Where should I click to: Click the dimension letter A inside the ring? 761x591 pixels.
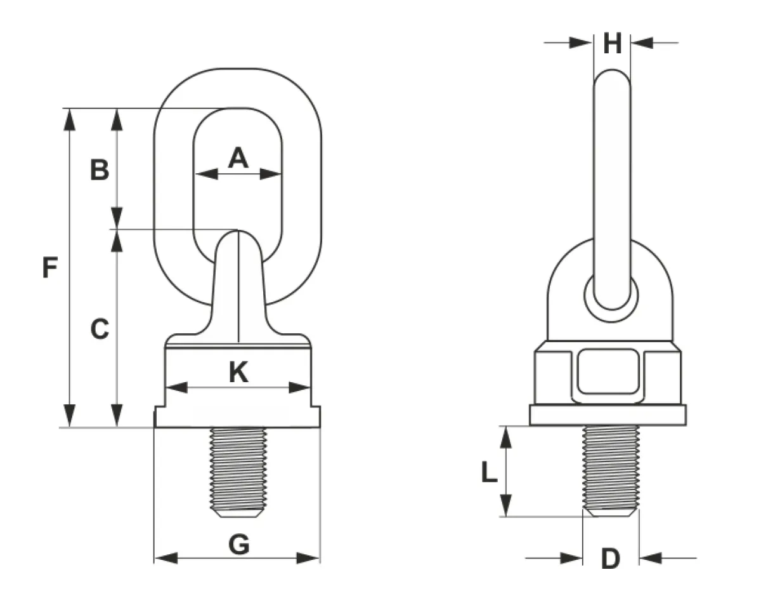tap(238, 157)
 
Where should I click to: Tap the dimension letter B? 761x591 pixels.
tap(100, 170)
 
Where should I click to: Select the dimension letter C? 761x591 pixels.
tap(100, 329)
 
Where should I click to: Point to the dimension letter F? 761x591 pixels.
tap(49, 267)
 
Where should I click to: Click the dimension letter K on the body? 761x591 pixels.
tap(239, 372)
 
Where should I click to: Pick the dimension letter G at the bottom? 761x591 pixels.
tap(239, 545)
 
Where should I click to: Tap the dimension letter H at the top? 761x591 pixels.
tap(613, 43)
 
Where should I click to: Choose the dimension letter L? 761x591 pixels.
tap(489, 472)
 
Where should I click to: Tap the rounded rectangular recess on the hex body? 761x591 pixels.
tap(608, 371)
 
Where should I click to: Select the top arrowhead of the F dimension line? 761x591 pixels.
tap(70, 119)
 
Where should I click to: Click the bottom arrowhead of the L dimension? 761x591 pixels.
tap(505, 505)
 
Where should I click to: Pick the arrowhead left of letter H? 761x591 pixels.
tap(581, 43)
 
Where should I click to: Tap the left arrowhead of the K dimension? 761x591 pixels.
tap(176, 388)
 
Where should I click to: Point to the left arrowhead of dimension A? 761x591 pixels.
tap(206, 174)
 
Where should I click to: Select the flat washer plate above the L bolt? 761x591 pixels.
tap(608, 415)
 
